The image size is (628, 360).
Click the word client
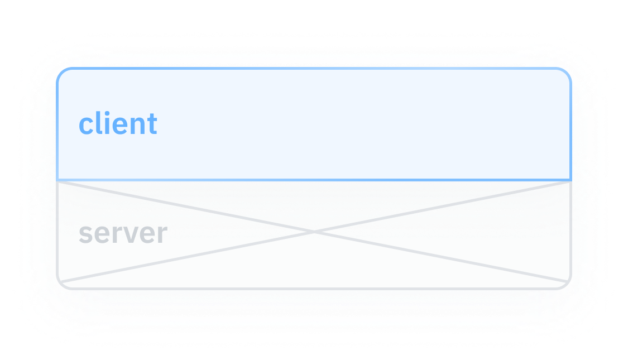[118, 124]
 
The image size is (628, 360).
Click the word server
[123, 233]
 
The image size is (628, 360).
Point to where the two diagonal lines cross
[314, 231]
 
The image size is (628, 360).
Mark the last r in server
[162, 234]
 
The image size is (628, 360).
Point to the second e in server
[147, 234]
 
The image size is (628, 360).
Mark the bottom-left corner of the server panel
[62, 284]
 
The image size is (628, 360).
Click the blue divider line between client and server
[314, 180]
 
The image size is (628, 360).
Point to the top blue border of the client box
[314, 69]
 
